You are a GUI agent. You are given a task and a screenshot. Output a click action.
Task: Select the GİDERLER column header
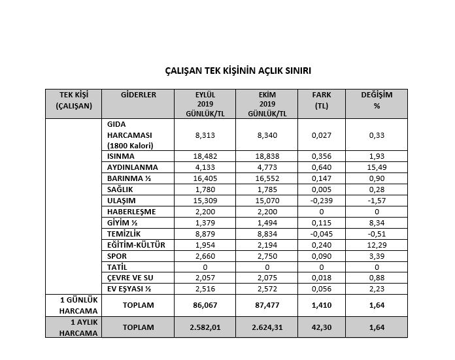coord(139,95)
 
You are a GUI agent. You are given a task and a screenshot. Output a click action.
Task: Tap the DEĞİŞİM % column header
coord(377,100)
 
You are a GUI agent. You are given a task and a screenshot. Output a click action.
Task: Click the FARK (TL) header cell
coord(321,100)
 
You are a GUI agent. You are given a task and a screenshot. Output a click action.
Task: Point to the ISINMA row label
coord(122,157)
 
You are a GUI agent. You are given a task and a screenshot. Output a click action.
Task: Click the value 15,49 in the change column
coord(377,167)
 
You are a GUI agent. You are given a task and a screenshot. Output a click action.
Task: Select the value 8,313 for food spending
coord(206,135)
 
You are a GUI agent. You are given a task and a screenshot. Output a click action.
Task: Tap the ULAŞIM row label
coord(122,201)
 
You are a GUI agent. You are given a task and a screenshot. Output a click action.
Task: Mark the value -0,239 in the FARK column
coord(321,201)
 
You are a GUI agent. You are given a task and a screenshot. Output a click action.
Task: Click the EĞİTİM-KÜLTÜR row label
coord(136,245)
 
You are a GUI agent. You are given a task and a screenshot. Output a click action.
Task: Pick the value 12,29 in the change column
coord(377,245)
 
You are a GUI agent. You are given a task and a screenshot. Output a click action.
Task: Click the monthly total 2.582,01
coord(206,327)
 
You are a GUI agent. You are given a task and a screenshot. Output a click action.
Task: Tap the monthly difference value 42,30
coord(321,327)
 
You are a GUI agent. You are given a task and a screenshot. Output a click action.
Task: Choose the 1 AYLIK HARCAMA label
coord(73,327)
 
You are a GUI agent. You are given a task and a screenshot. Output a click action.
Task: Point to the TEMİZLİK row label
coord(124,234)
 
